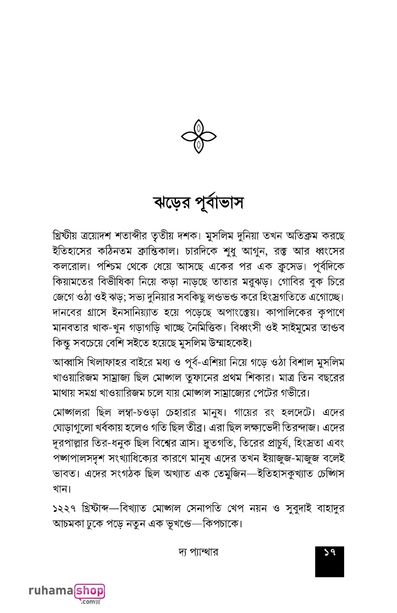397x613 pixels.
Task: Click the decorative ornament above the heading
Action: click(199, 137)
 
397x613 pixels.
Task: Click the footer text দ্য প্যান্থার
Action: click(198, 552)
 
